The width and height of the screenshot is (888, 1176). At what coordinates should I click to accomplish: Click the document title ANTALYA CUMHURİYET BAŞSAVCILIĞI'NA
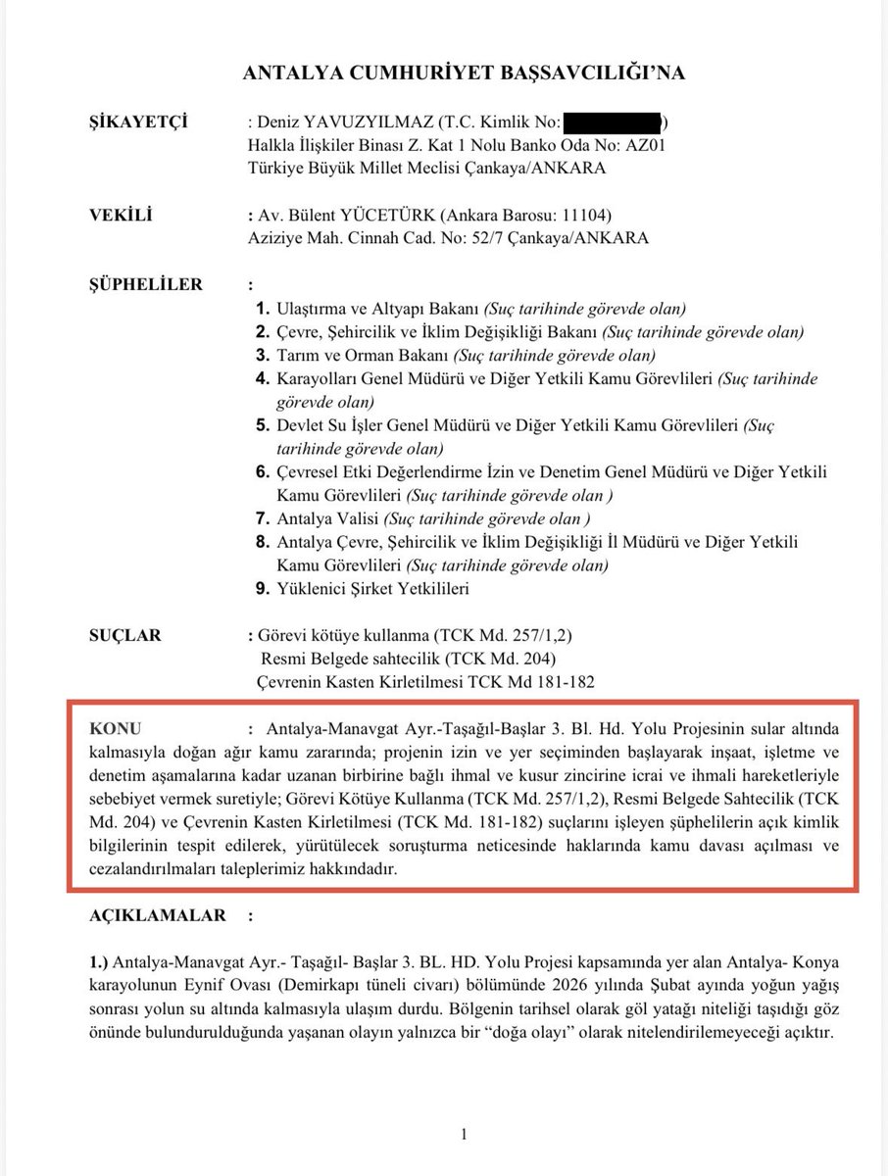(x=463, y=73)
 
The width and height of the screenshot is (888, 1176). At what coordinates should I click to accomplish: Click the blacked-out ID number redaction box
(x=613, y=122)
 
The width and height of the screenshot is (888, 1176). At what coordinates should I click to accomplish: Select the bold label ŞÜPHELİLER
(x=146, y=285)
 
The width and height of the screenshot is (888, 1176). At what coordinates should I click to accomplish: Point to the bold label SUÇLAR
(x=125, y=635)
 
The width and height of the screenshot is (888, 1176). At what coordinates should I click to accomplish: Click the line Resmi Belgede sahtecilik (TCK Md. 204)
(x=413, y=659)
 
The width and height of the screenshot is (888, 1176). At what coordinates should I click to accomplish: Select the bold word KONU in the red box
(x=116, y=729)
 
